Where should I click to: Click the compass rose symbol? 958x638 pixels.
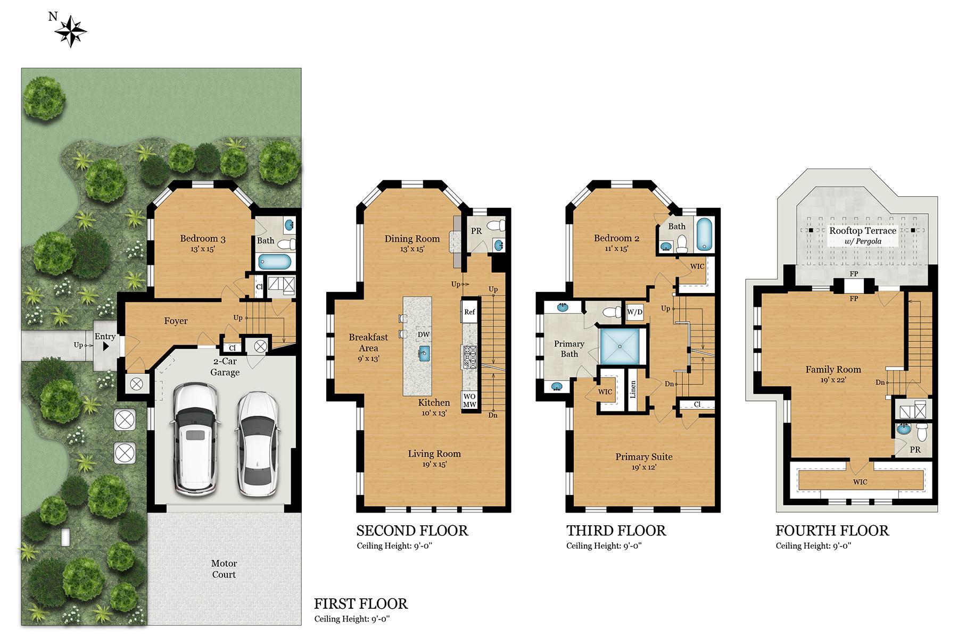(x=70, y=31)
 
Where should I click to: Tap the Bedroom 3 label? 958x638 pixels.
(x=202, y=239)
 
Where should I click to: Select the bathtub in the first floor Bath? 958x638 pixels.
(x=275, y=262)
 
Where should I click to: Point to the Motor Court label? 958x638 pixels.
(x=224, y=569)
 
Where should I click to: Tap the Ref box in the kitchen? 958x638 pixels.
(x=469, y=312)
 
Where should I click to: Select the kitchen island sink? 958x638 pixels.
(x=424, y=353)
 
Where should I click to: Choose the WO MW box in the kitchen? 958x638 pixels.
(x=469, y=400)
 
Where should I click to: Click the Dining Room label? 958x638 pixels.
(x=412, y=239)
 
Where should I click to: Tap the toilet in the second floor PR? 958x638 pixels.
(x=494, y=225)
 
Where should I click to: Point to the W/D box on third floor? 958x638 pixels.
(x=634, y=312)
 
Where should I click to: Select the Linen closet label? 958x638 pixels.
(x=633, y=390)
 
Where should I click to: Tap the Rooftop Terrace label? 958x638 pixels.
(x=862, y=231)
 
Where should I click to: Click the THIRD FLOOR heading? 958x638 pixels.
(x=616, y=531)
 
